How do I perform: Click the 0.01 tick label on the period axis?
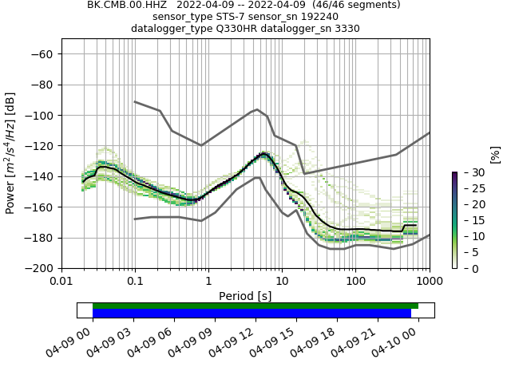pyautogui.click(x=62, y=282)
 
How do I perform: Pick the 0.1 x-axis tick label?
pyautogui.click(x=135, y=282)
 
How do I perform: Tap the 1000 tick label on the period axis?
pyautogui.click(x=430, y=282)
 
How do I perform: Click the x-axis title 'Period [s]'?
pyautogui.click(x=245, y=295)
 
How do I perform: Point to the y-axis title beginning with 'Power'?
pyautogui.click(x=11, y=153)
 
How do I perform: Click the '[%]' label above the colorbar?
pyautogui.click(x=495, y=154)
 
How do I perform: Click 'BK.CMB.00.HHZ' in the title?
pyautogui.click(x=127, y=5)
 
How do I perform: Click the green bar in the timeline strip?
pyautogui.click(x=255, y=306)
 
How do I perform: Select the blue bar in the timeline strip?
pyautogui.click(x=252, y=314)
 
